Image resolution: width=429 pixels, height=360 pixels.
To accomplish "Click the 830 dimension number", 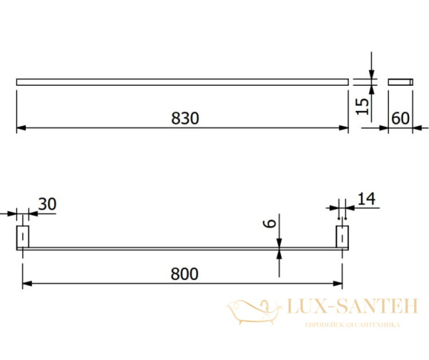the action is coord(185,118).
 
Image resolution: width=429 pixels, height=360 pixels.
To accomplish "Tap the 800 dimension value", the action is coord(184,274).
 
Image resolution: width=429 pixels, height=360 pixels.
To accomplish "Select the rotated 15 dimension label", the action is coord(363,106).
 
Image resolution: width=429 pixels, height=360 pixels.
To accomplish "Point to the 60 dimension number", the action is coord(400,118).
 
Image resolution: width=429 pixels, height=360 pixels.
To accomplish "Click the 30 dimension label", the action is coord(47,204).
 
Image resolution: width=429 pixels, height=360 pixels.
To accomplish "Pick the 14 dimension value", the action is coord(367,199).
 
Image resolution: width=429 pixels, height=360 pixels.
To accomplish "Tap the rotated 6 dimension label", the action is coord(270,223).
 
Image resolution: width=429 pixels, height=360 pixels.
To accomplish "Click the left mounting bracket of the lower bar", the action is coord(23,236).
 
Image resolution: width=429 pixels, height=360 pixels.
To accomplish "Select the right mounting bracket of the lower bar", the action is coord(342,236).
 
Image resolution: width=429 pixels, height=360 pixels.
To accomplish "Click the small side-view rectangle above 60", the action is coord(400,82).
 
